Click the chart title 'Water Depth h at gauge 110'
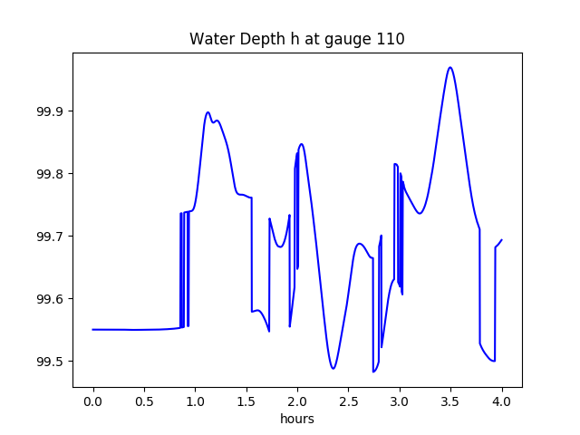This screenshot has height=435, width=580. (296, 40)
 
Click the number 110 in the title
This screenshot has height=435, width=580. (391, 40)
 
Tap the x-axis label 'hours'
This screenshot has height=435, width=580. (296, 419)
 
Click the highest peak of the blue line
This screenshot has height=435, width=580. (449, 67)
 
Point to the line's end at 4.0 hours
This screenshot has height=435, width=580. (502, 240)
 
